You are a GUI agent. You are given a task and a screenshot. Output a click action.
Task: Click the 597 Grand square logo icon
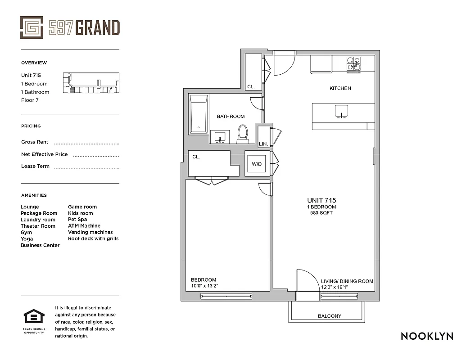pyautogui.click(x=32, y=27)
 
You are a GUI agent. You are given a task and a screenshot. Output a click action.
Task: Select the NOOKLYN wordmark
pyautogui.click(x=427, y=336)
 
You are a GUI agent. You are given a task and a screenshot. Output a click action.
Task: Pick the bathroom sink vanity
pyautogui.click(x=221, y=137)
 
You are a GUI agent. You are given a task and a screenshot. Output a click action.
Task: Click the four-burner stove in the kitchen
pyautogui.click(x=353, y=64)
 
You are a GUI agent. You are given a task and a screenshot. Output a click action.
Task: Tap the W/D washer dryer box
pyautogui.click(x=257, y=164)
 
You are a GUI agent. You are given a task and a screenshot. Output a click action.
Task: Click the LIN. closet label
pyautogui.click(x=263, y=144)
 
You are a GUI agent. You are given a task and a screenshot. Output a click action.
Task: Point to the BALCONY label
pyautogui.click(x=330, y=316)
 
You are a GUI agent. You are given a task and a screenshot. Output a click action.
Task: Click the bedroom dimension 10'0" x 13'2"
pyautogui.click(x=205, y=286)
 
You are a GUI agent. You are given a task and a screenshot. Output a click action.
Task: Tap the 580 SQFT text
pyautogui.click(x=321, y=213)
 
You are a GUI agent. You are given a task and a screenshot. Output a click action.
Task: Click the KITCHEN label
pyautogui.click(x=340, y=88)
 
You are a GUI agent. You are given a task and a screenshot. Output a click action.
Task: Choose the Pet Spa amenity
pyautogui.click(x=77, y=220)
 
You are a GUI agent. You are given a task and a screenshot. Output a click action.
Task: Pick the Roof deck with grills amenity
pyautogui.click(x=93, y=238)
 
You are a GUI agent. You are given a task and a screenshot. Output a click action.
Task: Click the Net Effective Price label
pyautogui.click(x=44, y=154)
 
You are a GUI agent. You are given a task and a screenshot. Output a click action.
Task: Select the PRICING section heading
pyautogui.click(x=31, y=126)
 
